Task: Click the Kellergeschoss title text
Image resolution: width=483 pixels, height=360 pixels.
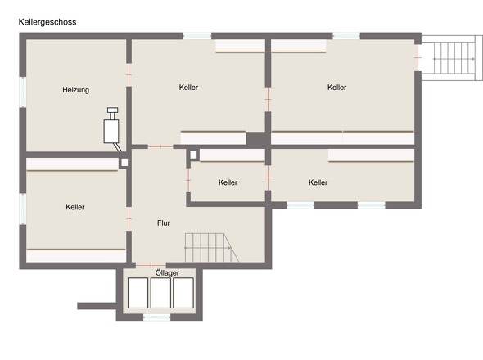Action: pos(47,22)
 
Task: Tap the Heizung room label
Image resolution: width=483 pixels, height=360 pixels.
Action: pos(76,90)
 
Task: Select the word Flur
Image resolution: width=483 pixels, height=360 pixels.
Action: pos(163,223)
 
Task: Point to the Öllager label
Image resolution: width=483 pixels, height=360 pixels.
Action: pos(167,272)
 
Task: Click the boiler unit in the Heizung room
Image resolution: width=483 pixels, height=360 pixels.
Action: pos(111,128)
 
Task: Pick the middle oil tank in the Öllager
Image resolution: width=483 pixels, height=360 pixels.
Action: pos(160,293)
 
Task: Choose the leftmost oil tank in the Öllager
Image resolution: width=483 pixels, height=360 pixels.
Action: pos(138,293)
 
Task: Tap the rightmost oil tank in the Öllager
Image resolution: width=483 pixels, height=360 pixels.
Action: pos(183,293)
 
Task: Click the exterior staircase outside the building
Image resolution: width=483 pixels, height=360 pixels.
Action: pos(452,58)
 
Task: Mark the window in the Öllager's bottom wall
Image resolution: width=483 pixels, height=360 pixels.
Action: pos(157,317)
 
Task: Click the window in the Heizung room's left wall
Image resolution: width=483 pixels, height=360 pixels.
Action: pos(22,92)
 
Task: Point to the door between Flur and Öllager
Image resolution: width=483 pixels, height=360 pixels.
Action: pos(151,265)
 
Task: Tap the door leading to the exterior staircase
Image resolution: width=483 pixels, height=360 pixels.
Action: pos(418,57)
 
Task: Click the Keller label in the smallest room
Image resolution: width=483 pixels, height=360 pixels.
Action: pos(228,182)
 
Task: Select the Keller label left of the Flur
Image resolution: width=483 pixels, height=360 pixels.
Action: pos(75,207)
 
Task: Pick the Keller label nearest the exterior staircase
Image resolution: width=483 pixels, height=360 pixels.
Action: pos(336,88)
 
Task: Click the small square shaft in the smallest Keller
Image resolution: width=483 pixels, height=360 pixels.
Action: pos(193,155)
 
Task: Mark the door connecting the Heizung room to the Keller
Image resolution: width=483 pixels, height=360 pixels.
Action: pos(129,74)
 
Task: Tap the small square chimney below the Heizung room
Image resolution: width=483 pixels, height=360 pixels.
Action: pos(124,163)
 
